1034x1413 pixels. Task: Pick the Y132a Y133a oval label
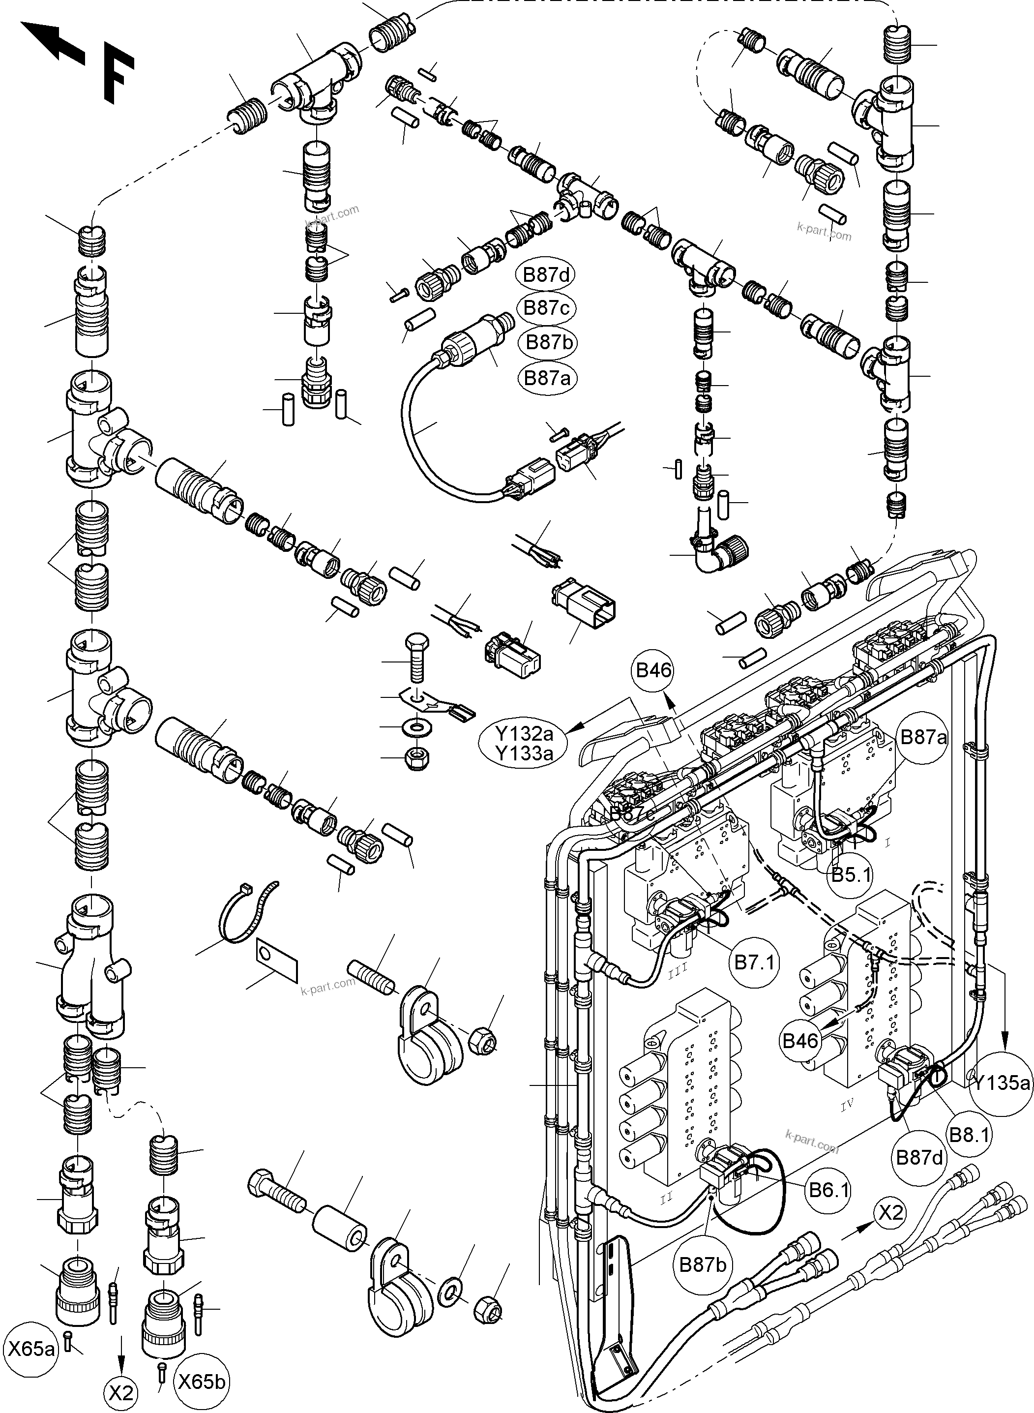(524, 743)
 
